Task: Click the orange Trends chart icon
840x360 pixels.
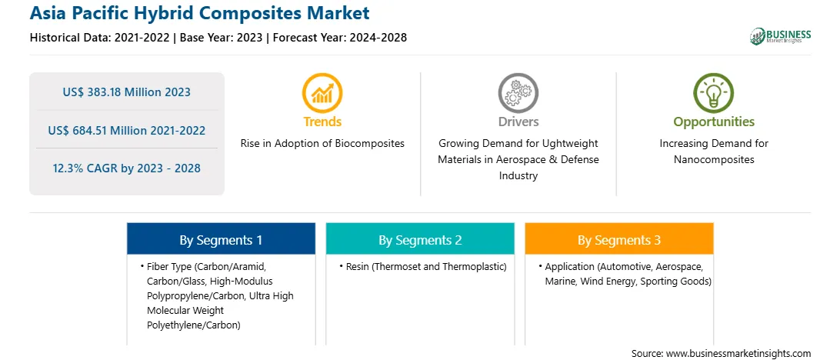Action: [x=322, y=93]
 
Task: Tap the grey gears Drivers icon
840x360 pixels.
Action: [x=518, y=93]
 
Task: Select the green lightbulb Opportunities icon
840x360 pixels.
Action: [x=714, y=93]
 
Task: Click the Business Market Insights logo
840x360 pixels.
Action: [x=781, y=36]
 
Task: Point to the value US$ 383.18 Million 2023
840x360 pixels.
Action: [x=126, y=92]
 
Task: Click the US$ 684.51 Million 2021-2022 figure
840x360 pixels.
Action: [x=126, y=130]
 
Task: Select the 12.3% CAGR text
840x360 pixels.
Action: [x=126, y=168]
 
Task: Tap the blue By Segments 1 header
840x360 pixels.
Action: [x=222, y=239]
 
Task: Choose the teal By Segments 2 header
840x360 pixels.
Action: [x=420, y=239]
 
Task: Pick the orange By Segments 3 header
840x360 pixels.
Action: [x=619, y=239]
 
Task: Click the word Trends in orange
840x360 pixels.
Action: [x=322, y=122]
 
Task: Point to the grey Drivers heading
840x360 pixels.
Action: [x=518, y=122]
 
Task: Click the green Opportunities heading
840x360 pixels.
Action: [x=714, y=122]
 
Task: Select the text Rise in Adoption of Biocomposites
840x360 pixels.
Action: [x=322, y=144]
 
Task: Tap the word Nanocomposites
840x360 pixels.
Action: [x=714, y=160]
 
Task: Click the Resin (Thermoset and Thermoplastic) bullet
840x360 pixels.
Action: [x=423, y=266]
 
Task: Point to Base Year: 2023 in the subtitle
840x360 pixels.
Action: [x=221, y=38]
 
